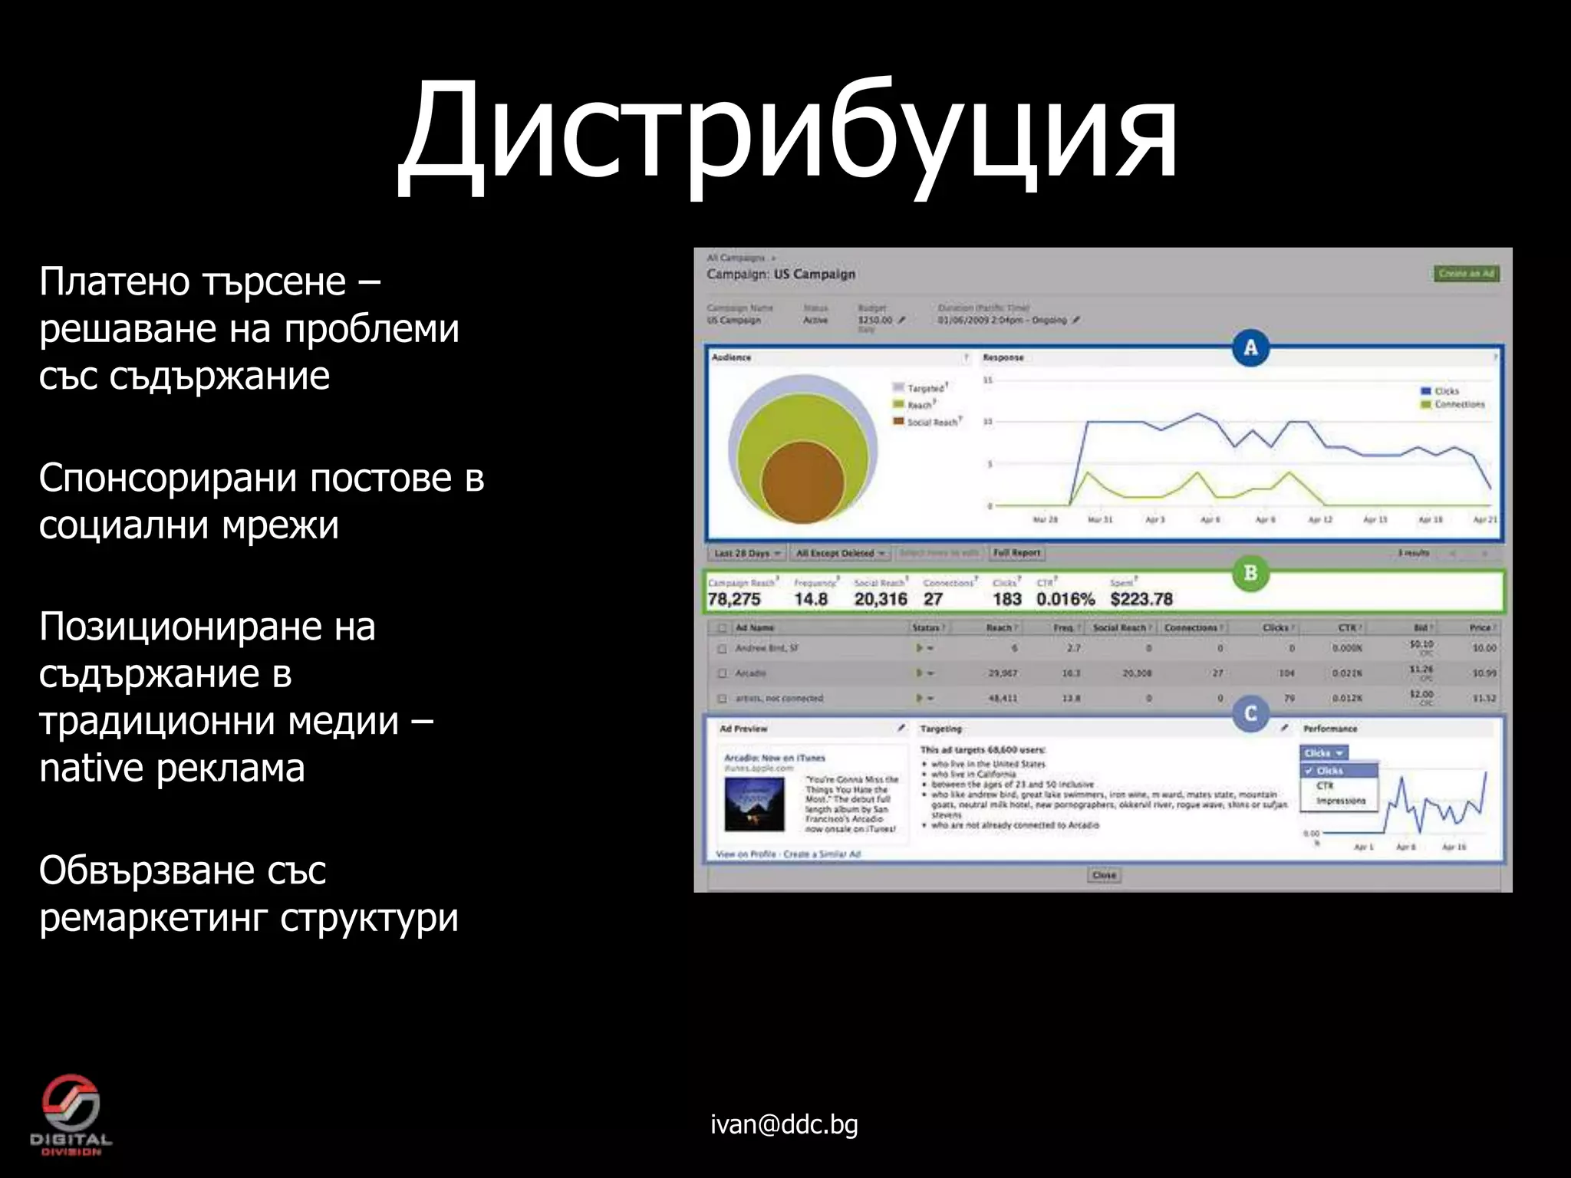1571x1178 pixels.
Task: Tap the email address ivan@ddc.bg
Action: [784, 1124]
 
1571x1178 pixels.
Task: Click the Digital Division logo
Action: [71, 1114]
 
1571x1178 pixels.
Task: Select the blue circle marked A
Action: [1250, 347]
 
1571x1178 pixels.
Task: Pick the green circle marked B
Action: [1250, 573]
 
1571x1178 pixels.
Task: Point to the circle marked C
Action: [1250, 714]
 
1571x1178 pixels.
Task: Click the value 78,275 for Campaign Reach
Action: [734, 599]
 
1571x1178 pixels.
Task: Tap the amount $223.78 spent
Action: [1141, 599]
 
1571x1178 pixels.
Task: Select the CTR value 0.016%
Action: [1065, 599]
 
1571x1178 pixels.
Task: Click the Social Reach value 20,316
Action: [881, 599]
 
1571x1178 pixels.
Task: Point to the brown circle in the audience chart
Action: [802, 482]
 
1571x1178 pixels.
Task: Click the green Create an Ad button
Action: [1466, 274]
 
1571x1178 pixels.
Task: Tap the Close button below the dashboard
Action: [1104, 875]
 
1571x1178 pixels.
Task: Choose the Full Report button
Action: [1016, 553]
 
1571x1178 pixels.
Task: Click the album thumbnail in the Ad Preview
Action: [755, 804]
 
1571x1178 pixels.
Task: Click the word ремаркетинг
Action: [153, 918]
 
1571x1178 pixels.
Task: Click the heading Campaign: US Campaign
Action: [781, 274]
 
